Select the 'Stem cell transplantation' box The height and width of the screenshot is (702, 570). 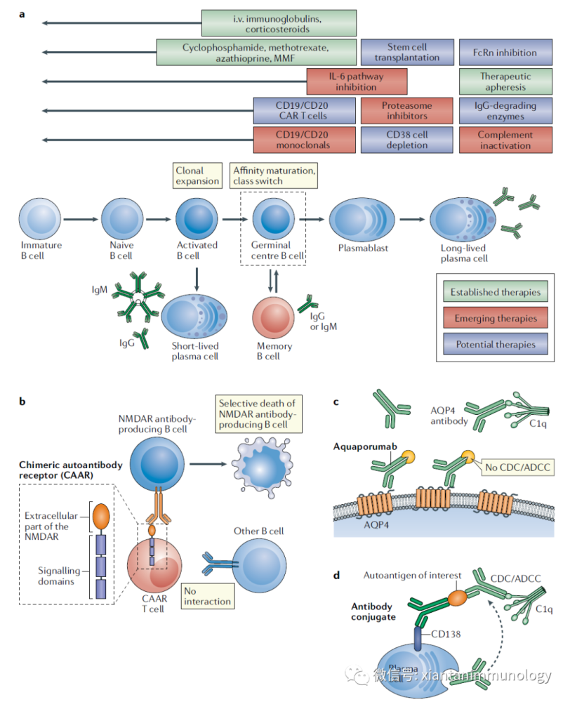point(406,52)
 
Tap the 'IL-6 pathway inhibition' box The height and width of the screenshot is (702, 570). point(357,81)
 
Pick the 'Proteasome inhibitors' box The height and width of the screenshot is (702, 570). point(406,111)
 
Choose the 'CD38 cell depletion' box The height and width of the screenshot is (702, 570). point(406,140)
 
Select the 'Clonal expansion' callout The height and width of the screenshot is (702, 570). point(197,175)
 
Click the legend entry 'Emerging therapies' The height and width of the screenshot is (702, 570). point(496,318)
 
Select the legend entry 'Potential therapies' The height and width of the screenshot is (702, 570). point(496,344)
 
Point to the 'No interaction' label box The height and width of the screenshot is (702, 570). point(206,597)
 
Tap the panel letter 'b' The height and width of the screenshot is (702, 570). point(22,402)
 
